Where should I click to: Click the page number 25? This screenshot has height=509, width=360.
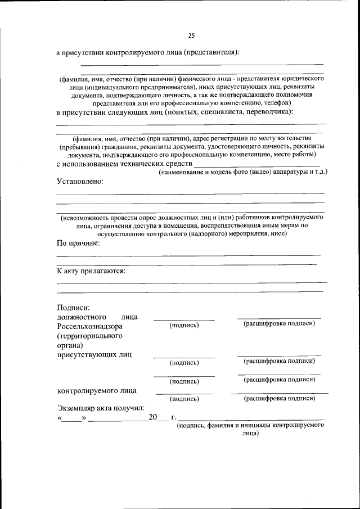[x=191, y=35]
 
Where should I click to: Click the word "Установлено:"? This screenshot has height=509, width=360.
[x=80, y=182]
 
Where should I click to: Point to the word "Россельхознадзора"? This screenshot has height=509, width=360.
[x=90, y=326]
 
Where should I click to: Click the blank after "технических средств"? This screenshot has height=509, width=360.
[x=256, y=163]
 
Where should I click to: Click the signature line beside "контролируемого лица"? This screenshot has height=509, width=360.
[x=184, y=393]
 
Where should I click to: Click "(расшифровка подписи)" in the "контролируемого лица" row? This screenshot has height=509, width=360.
[x=279, y=399]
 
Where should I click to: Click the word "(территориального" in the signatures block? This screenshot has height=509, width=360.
[x=90, y=336]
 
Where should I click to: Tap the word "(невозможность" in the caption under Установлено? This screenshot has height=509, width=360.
[x=90, y=217]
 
